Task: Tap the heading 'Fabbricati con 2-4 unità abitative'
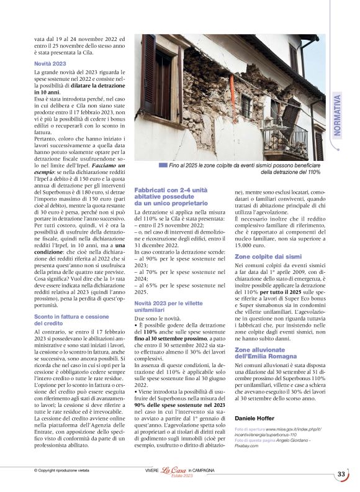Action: point(171,196)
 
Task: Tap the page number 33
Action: point(341,475)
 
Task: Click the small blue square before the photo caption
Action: point(163,165)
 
